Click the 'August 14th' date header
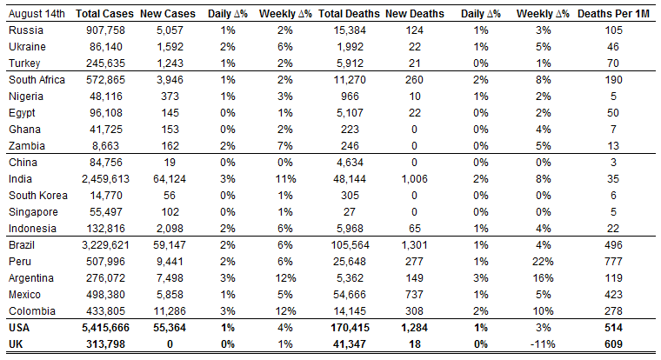click(x=37, y=14)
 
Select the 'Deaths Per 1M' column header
click(x=613, y=14)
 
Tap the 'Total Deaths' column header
click(x=349, y=14)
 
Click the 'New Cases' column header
click(x=168, y=14)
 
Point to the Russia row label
click(x=26, y=30)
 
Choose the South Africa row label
click(x=37, y=80)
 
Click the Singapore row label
click(x=33, y=212)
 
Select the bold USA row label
click(x=19, y=328)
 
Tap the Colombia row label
click(x=32, y=311)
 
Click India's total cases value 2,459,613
click(x=105, y=179)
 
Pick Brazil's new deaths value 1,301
click(x=414, y=245)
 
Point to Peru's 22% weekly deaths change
click(x=543, y=262)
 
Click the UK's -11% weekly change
click(x=543, y=344)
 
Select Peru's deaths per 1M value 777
click(x=613, y=262)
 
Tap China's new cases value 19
click(x=170, y=163)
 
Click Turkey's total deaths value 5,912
click(x=350, y=63)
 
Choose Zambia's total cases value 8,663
click(x=105, y=146)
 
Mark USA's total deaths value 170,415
click(x=350, y=328)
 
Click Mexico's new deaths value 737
click(x=414, y=295)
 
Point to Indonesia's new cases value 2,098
click(x=170, y=229)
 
